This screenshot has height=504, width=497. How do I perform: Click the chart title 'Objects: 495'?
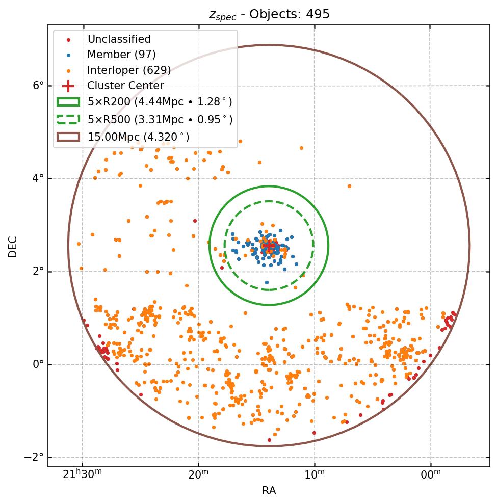click(269, 14)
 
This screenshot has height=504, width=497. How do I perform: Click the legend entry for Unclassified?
click(119, 39)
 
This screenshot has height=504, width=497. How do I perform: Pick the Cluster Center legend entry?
click(125, 86)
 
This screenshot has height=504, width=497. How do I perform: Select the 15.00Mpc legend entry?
click(138, 137)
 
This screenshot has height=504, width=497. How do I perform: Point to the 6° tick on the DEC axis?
click(39, 86)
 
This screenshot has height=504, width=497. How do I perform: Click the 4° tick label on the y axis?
click(39, 178)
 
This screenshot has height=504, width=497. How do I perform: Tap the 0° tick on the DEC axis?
click(39, 364)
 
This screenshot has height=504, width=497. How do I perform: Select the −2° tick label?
click(34, 457)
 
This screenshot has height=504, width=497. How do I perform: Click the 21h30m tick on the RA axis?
click(82, 475)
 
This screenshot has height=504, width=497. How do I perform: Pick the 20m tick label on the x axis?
click(198, 475)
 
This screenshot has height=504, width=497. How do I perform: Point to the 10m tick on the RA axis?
click(315, 475)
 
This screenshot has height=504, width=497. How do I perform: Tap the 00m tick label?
click(431, 475)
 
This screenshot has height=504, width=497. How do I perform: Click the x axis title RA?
click(269, 491)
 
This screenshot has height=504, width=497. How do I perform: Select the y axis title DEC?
click(13, 246)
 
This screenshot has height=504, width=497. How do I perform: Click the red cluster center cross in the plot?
click(269, 246)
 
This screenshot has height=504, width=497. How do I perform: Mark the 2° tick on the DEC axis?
click(39, 272)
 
